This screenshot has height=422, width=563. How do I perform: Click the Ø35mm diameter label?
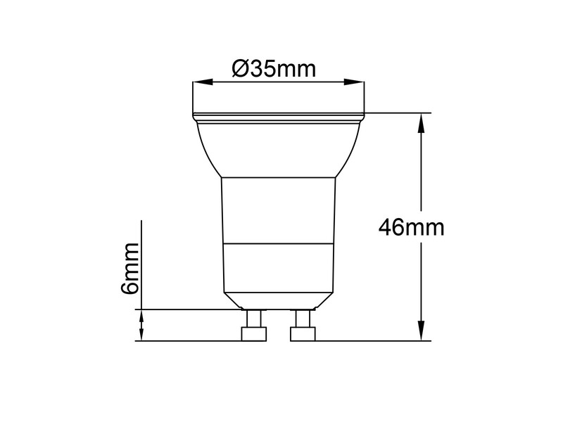274,69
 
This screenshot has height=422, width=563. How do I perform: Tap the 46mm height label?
411,227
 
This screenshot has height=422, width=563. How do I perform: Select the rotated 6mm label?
130,269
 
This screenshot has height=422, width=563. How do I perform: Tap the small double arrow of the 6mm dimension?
141,325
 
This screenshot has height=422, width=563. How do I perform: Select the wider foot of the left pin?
253,334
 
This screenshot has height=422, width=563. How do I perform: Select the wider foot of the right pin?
303,334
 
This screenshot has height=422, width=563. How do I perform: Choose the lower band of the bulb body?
279,267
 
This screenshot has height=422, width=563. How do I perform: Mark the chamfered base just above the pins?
279,300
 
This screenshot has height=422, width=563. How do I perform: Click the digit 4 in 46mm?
386,227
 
